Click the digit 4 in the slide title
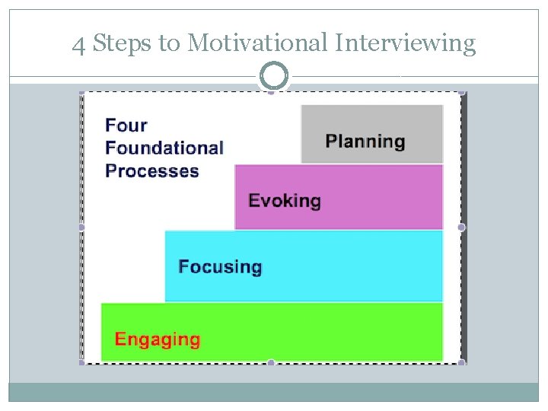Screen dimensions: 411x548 pos(78,44)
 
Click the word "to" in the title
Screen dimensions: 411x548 pos(167,44)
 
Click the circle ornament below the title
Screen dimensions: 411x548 pos(274,76)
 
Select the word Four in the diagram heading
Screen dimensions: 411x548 pos(126,125)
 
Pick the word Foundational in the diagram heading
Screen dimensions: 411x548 pos(164,148)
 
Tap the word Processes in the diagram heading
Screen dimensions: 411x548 pos(152,170)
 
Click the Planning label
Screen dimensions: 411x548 pos(365,142)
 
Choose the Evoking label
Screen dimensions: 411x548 pos(285,201)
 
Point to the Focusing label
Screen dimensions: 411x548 pos(220,266)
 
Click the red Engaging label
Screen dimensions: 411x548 pos(158,339)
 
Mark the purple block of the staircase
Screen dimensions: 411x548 pos(381,198)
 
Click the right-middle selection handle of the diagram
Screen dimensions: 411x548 pos(461,227)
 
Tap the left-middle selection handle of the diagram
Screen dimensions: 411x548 pos(81,227)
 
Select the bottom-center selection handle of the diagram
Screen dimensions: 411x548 pos(271,363)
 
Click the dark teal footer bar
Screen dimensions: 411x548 pos(274,391)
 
